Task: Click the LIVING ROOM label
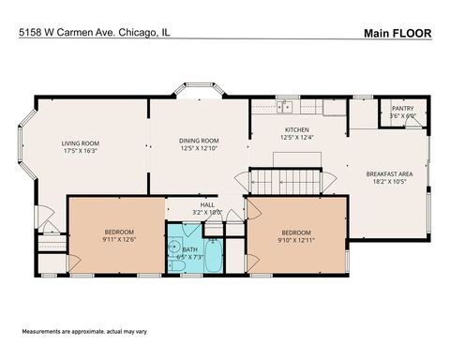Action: pyautogui.click(x=82, y=141)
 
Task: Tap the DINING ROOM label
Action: pyautogui.click(x=199, y=141)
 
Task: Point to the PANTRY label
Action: pyautogui.click(x=402, y=109)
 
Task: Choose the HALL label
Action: pyautogui.click(x=206, y=204)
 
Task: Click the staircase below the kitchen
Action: pyautogui.click(x=285, y=179)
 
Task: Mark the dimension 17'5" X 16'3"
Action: pyautogui.click(x=82, y=150)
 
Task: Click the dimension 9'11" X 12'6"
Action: pyautogui.click(x=119, y=239)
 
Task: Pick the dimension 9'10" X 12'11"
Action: pyautogui.click(x=296, y=239)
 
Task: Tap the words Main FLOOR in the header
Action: pyautogui.click(x=397, y=33)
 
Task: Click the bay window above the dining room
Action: pyautogui.click(x=198, y=94)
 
